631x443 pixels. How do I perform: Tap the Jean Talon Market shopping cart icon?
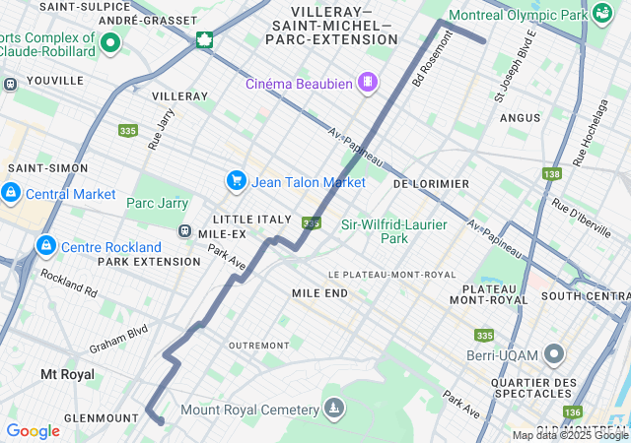236,180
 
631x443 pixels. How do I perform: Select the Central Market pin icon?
11,191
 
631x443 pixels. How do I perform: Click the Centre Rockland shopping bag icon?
44,244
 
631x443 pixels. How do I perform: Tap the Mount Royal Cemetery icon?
335,409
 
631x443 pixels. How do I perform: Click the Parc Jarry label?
157,204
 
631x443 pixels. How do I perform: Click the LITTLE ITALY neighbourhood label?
252,219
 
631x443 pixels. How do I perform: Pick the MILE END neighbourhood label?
319,293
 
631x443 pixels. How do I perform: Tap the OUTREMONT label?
258,346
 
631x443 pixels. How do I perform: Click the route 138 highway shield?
551,173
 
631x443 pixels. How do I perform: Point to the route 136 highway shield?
573,411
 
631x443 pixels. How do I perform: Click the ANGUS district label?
520,117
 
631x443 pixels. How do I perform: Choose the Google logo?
33,430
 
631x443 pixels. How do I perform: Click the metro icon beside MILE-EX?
184,230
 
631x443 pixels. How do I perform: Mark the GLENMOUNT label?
102,417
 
